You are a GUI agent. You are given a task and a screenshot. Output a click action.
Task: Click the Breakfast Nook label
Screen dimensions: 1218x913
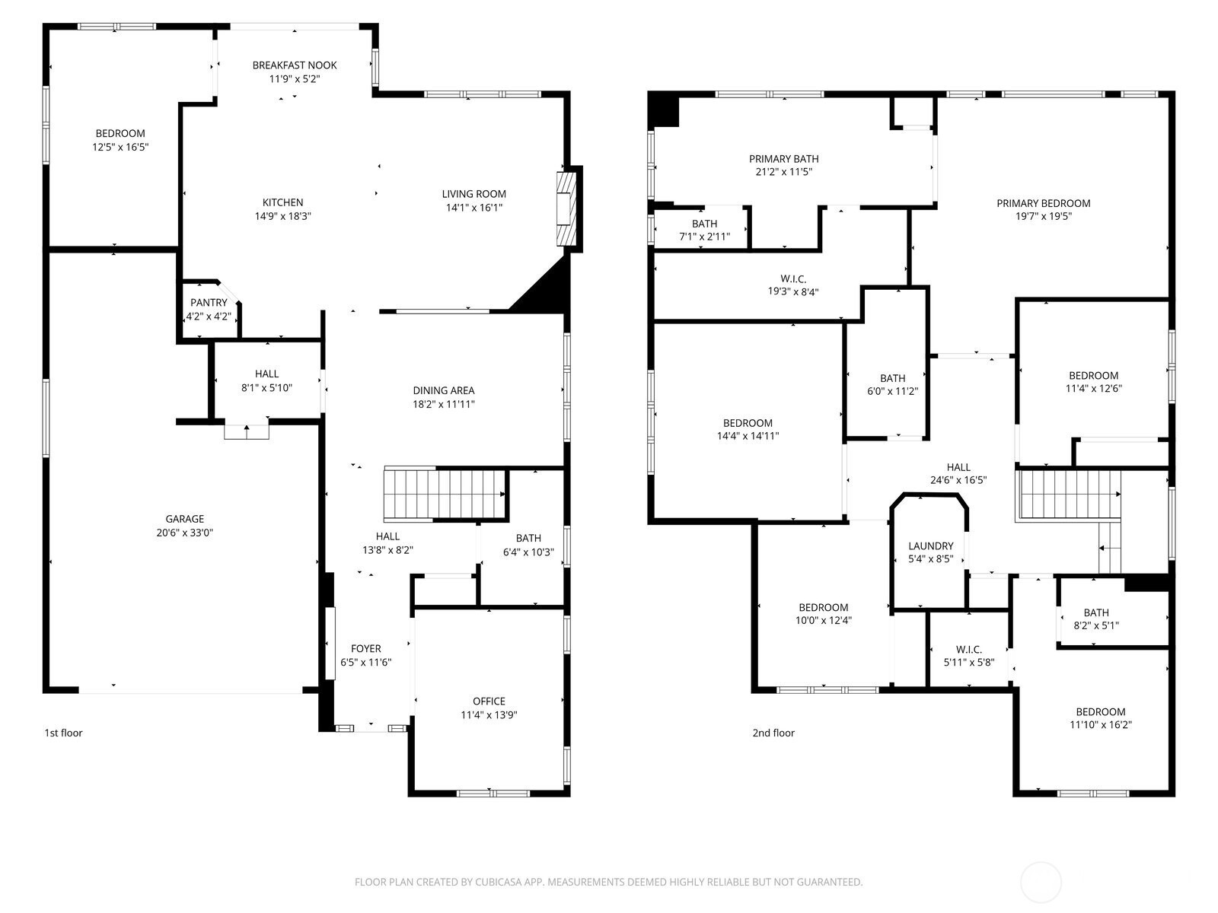coord(294,65)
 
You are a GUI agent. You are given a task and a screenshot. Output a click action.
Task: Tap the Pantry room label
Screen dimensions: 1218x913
coord(209,303)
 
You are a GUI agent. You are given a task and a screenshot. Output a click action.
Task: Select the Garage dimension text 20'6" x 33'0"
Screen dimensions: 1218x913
coord(185,533)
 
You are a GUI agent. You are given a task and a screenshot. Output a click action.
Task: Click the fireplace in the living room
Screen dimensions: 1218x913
coord(566,209)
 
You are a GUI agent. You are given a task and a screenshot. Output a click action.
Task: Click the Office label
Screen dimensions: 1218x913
coord(489,701)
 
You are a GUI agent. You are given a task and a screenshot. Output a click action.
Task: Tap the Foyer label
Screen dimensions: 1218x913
coord(365,648)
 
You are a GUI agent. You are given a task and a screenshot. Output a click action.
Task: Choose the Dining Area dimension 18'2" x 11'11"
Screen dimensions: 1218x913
coord(443,404)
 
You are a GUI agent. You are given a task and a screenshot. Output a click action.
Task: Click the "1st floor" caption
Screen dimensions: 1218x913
coord(63,733)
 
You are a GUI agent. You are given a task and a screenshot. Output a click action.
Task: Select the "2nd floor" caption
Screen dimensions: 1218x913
coord(773,733)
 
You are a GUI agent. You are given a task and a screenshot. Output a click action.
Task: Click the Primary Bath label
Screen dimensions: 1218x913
coord(783,159)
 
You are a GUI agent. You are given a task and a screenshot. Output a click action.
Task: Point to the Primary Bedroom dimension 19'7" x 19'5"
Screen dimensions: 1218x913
coord(1043,216)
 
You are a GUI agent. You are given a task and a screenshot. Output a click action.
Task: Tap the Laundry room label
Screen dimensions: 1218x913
coord(930,546)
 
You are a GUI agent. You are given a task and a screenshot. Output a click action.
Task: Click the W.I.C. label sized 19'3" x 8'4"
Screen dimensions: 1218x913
coord(793,278)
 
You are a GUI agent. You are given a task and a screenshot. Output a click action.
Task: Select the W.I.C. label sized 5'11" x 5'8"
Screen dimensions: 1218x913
coord(969,649)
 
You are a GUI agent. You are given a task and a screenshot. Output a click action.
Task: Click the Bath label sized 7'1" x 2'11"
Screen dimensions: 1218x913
coord(704,224)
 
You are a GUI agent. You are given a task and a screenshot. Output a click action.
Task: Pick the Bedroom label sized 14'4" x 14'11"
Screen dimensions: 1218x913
coord(748,423)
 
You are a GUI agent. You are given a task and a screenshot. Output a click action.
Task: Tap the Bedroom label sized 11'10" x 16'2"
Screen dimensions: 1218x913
coord(1100,712)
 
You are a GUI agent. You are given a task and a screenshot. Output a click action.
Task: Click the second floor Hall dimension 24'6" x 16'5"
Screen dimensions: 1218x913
coord(958,480)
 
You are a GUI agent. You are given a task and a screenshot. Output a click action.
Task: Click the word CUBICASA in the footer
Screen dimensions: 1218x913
coord(499,882)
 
